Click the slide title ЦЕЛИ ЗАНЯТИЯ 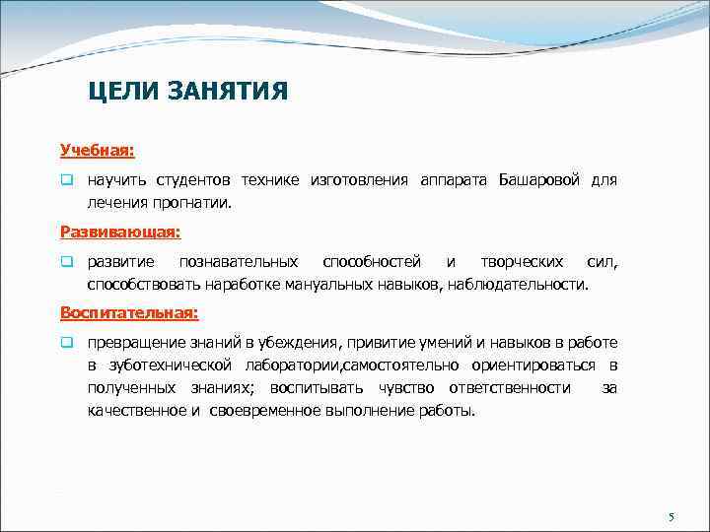(x=187, y=92)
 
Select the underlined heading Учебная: (x=97, y=151)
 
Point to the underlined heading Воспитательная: (x=128, y=313)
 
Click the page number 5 (x=671, y=517)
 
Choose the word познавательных (x=238, y=262)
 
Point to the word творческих (x=522, y=262)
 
